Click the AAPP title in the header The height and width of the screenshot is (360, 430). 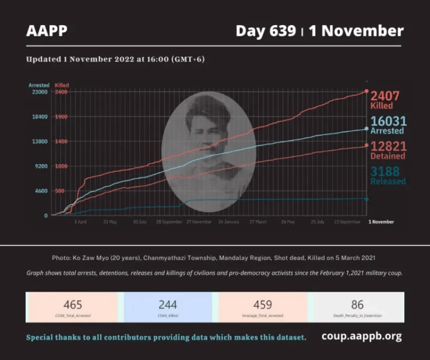46,31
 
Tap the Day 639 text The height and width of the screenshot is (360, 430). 265,31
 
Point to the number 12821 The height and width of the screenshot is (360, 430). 388,146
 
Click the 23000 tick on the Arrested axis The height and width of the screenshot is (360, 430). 39,92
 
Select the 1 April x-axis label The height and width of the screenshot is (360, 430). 81,222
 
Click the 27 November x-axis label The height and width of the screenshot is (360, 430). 199,222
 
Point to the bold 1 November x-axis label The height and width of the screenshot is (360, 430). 381,222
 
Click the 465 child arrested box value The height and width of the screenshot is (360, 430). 73,305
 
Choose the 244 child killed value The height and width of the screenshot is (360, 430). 167,305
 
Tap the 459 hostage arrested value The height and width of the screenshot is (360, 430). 263,305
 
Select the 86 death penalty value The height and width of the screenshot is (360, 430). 357,305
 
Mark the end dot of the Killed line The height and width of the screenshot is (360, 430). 366,91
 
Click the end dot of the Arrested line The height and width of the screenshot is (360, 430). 366,129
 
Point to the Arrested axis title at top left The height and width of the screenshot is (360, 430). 39,85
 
